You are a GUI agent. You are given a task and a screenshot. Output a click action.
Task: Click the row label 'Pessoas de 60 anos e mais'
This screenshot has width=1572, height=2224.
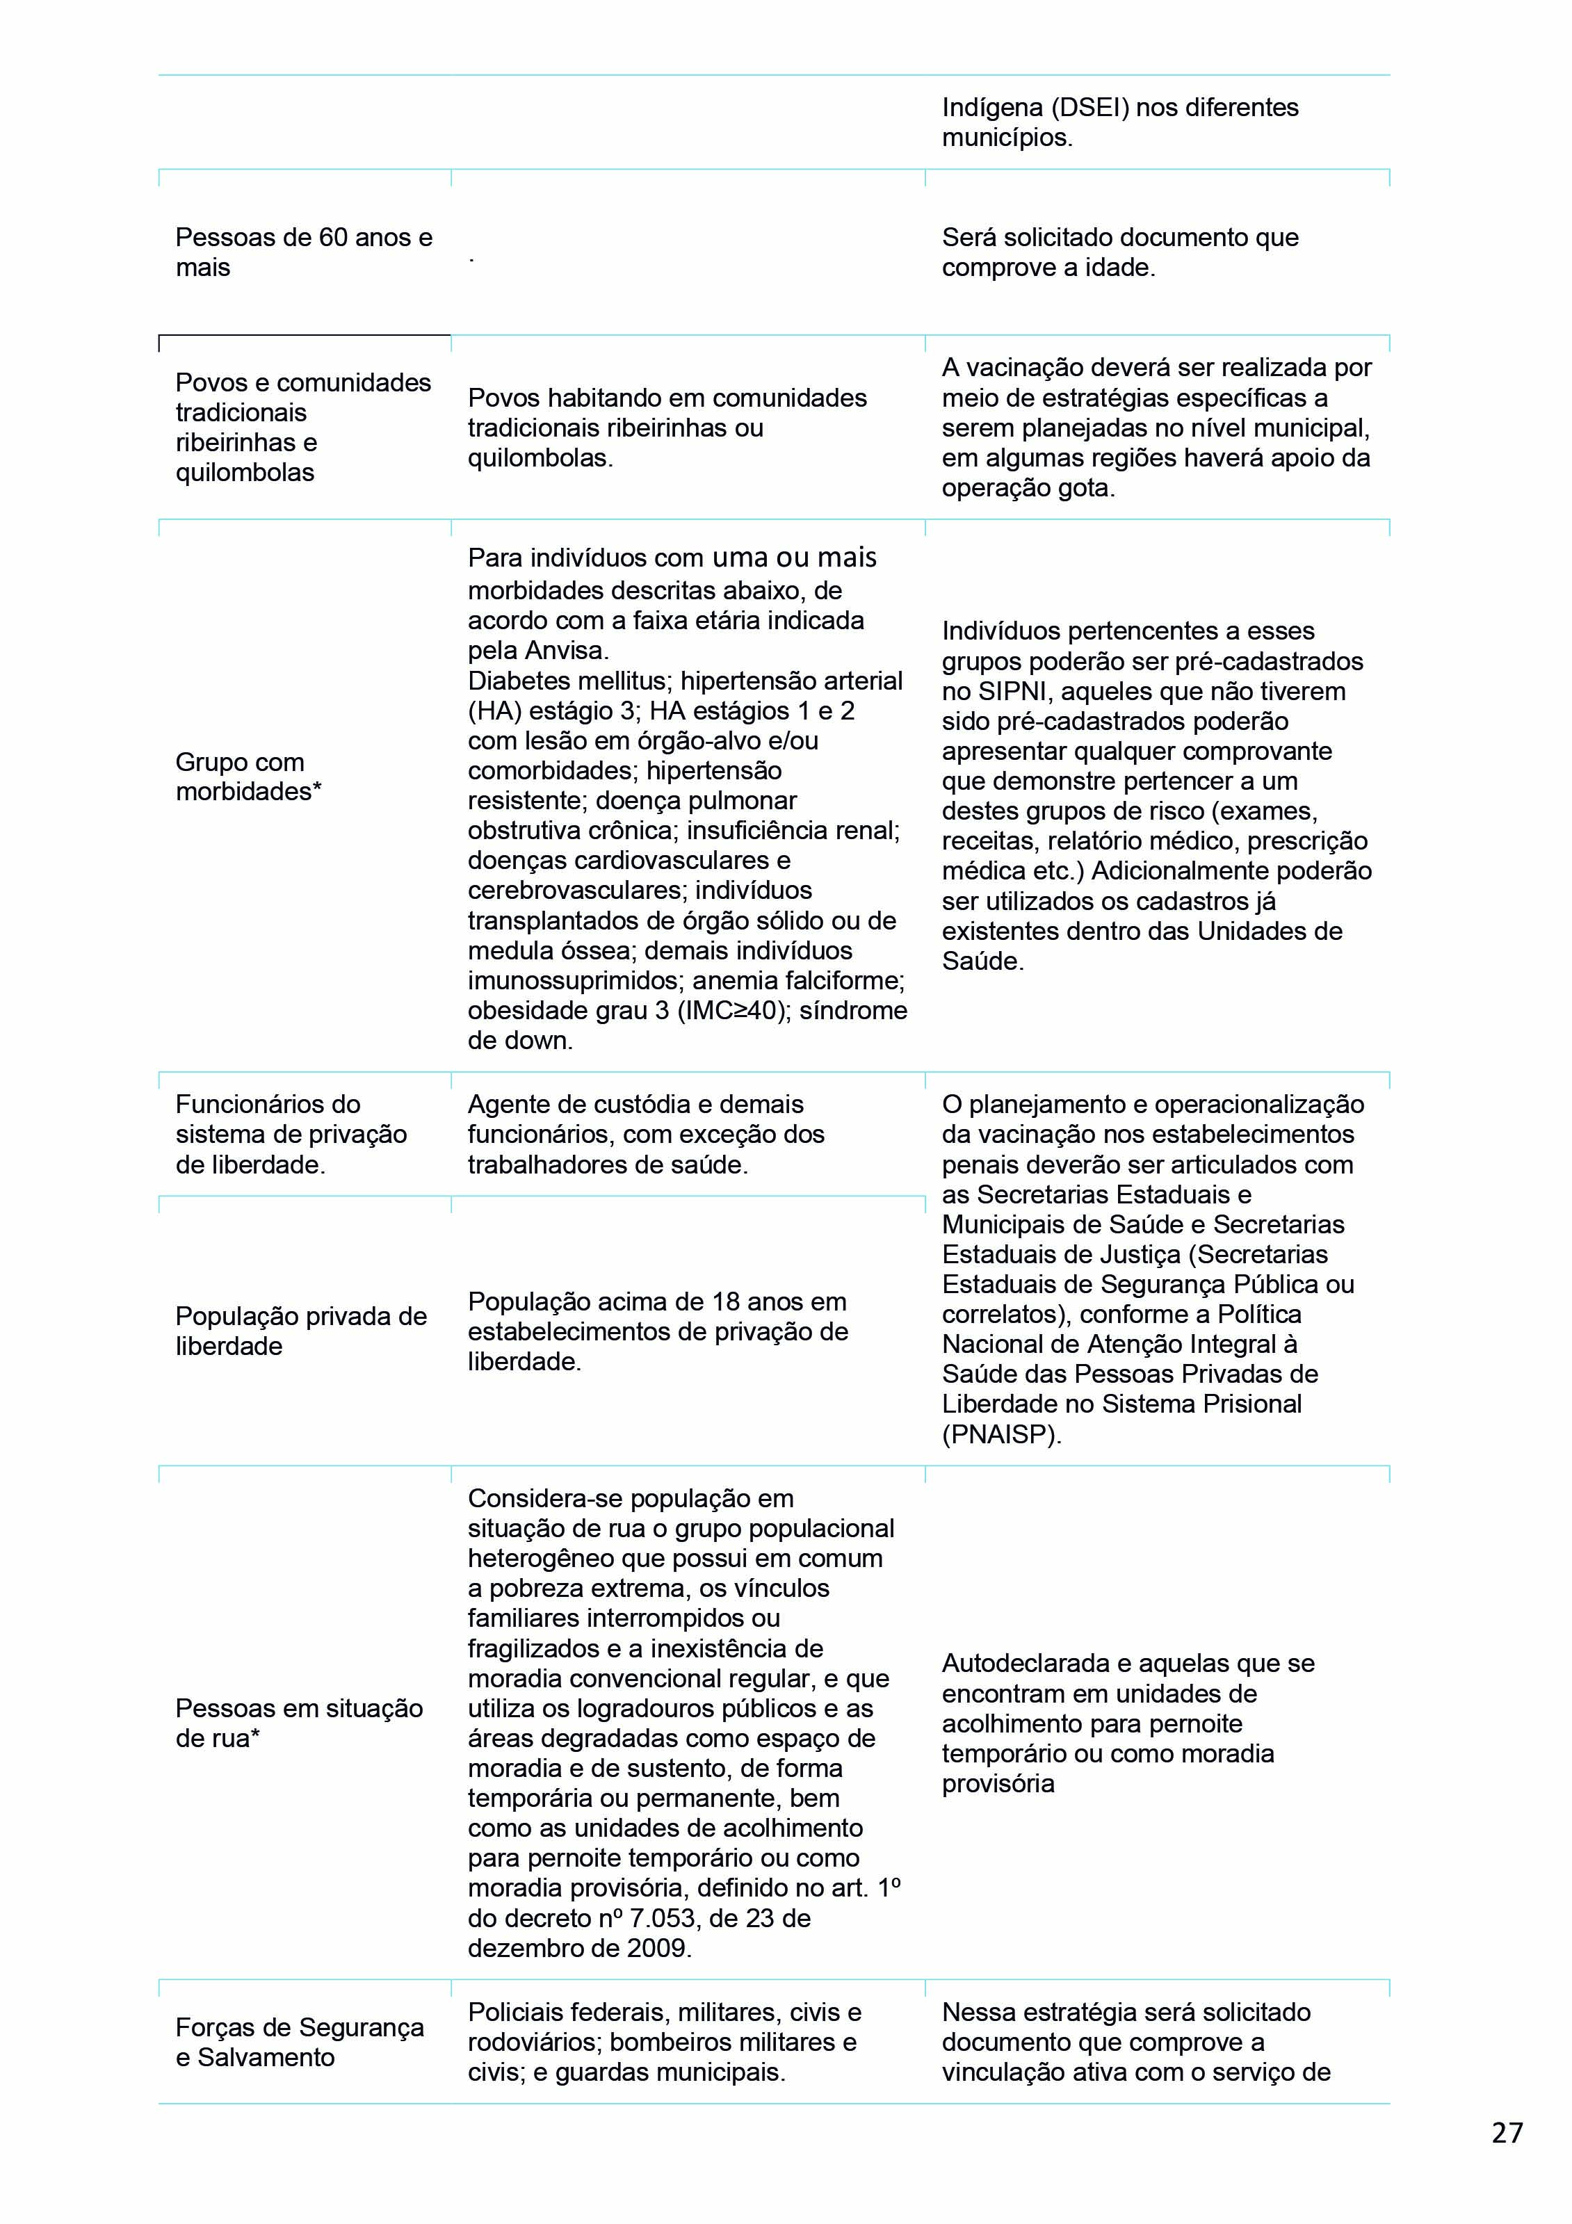303,252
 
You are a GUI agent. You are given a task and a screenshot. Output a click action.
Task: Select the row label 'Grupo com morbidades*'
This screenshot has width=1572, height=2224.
249,776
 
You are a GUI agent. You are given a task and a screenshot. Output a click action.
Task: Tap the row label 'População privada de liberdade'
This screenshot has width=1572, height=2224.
300,1331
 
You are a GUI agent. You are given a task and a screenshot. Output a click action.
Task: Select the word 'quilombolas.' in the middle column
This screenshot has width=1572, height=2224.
540,458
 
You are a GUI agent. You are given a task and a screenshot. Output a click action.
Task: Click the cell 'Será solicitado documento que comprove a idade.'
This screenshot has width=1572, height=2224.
1119,252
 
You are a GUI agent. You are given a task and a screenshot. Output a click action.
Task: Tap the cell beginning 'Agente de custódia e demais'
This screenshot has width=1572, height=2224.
646,1135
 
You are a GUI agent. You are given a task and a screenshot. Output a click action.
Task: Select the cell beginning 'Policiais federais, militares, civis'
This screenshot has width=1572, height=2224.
665,2042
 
